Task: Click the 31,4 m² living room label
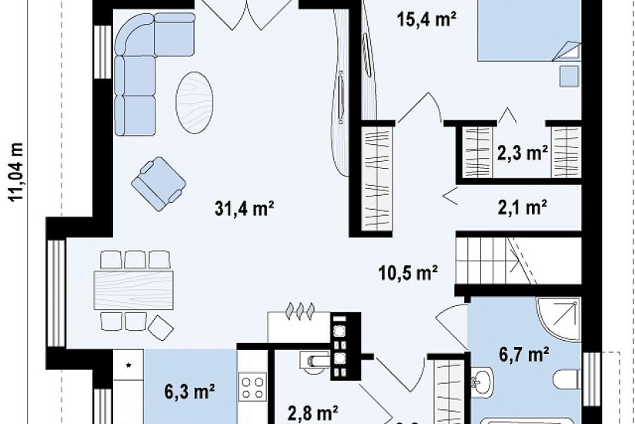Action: [x=245, y=209]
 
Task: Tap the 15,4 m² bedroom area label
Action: [x=427, y=19]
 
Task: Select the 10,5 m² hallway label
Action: [x=408, y=272]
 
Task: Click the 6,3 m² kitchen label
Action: [x=189, y=392]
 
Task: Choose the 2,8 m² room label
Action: [x=313, y=413]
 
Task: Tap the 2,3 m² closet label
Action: [x=523, y=153]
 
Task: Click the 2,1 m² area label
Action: [x=523, y=207]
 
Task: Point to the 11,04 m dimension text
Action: [x=16, y=172]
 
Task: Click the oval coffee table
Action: [x=195, y=103]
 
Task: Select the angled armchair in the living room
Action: [x=159, y=183]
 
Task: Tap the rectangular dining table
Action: [x=133, y=290]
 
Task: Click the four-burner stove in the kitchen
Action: [x=252, y=387]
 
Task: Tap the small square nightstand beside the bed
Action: [x=570, y=76]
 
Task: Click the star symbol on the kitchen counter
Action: [x=129, y=365]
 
